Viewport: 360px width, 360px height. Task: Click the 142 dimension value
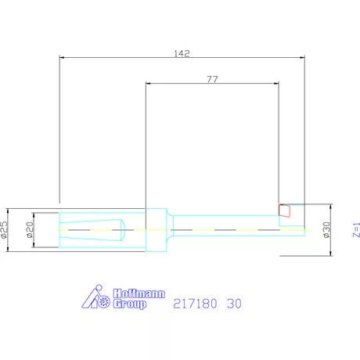click(182, 53)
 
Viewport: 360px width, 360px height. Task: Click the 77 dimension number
click(211, 79)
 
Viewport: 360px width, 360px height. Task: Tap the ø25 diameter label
click(5, 229)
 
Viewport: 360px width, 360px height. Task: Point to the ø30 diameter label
click(327, 229)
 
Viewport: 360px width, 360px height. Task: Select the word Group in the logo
click(129, 304)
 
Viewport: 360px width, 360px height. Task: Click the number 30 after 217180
click(233, 303)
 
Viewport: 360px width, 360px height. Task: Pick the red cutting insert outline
click(285, 210)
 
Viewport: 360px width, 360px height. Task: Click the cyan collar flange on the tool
click(157, 229)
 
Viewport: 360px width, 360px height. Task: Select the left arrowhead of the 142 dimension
click(62, 57)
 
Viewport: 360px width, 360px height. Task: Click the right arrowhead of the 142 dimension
click(303, 57)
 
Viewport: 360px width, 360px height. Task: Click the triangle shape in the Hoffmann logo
click(92, 297)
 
